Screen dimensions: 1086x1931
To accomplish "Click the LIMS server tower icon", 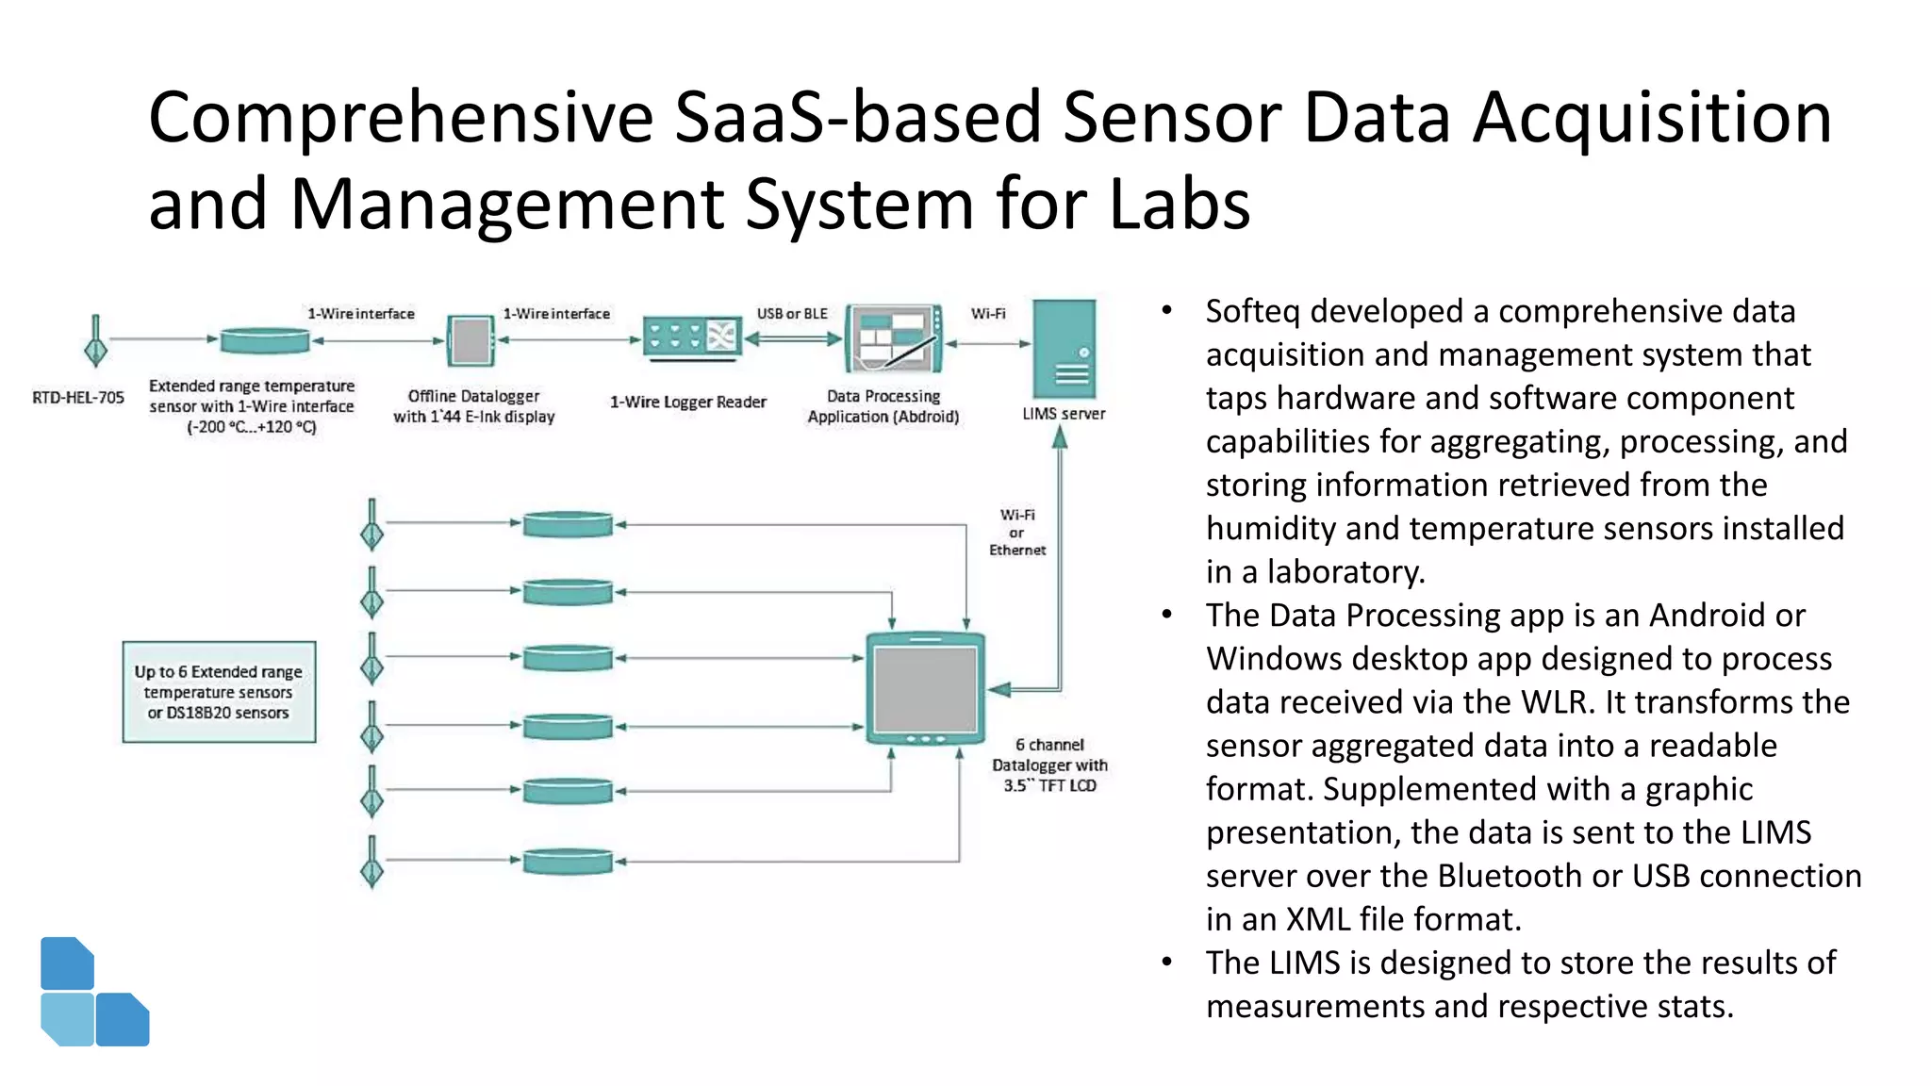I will (x=1064, y=349).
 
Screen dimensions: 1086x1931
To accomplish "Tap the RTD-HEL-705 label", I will (x=78, y=398).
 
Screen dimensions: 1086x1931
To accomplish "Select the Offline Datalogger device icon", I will (x=470, y=340).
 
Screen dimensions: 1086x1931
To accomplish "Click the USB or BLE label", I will (x=792, y=314).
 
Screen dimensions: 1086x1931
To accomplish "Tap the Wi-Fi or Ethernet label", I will (x=1017, y=533).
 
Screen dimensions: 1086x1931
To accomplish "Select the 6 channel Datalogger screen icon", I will (x=926, y=689).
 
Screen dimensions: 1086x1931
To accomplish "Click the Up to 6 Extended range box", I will (x=219, y=692).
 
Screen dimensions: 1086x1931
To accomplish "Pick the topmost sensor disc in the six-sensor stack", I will (x=568, y=524).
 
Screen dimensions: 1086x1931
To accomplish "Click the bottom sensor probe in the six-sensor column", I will (x=372, y=862).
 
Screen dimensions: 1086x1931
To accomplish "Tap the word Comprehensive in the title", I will (x=401, y=118).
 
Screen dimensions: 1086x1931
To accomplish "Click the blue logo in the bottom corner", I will (x=93, y=993).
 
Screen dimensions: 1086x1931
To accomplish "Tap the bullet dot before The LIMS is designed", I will (x=1167, y=963).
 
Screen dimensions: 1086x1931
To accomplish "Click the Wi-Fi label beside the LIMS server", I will (x=988, y=314).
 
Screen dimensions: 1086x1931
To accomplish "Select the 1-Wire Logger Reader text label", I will (x=687, y=403).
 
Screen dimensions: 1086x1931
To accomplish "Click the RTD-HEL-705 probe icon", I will (x=95, y=341).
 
